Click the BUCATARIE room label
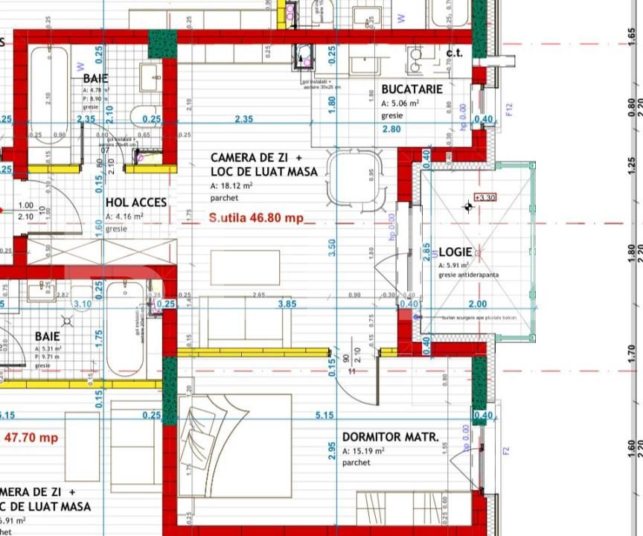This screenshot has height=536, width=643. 412,89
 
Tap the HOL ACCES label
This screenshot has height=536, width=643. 136,202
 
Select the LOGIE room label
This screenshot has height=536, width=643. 455,252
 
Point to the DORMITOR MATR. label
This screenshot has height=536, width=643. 390,437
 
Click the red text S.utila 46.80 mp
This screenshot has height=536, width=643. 256,218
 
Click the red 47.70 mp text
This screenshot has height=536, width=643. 31,437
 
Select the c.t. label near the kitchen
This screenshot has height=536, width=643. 454,52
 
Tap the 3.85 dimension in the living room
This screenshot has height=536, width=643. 287,304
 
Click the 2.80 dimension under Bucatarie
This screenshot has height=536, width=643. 391,130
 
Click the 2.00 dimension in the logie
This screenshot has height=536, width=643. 477,304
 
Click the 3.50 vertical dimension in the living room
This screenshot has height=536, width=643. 331,243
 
